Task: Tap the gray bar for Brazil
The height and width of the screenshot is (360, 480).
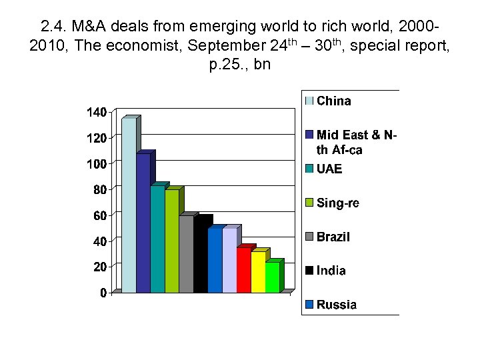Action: [186, 255]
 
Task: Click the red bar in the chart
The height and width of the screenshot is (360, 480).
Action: [244, 270]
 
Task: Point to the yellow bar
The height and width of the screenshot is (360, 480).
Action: [258, 272]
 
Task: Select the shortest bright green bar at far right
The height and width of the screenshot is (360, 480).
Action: [272, 277]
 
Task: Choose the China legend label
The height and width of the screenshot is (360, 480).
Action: [334, 101]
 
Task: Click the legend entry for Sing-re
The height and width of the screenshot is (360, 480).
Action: [338, 203]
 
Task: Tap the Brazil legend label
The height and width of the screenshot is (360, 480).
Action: [333, 237]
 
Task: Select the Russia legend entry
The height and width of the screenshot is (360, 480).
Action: [337, 305]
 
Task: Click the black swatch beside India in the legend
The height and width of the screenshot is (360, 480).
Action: [309, 271]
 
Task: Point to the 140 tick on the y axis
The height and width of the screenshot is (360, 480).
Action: [96, 113]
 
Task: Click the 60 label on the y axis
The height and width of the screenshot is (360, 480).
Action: [99, 215]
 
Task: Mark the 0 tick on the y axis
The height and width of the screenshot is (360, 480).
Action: [103, 293]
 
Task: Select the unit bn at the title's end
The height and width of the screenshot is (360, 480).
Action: [262, 66]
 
